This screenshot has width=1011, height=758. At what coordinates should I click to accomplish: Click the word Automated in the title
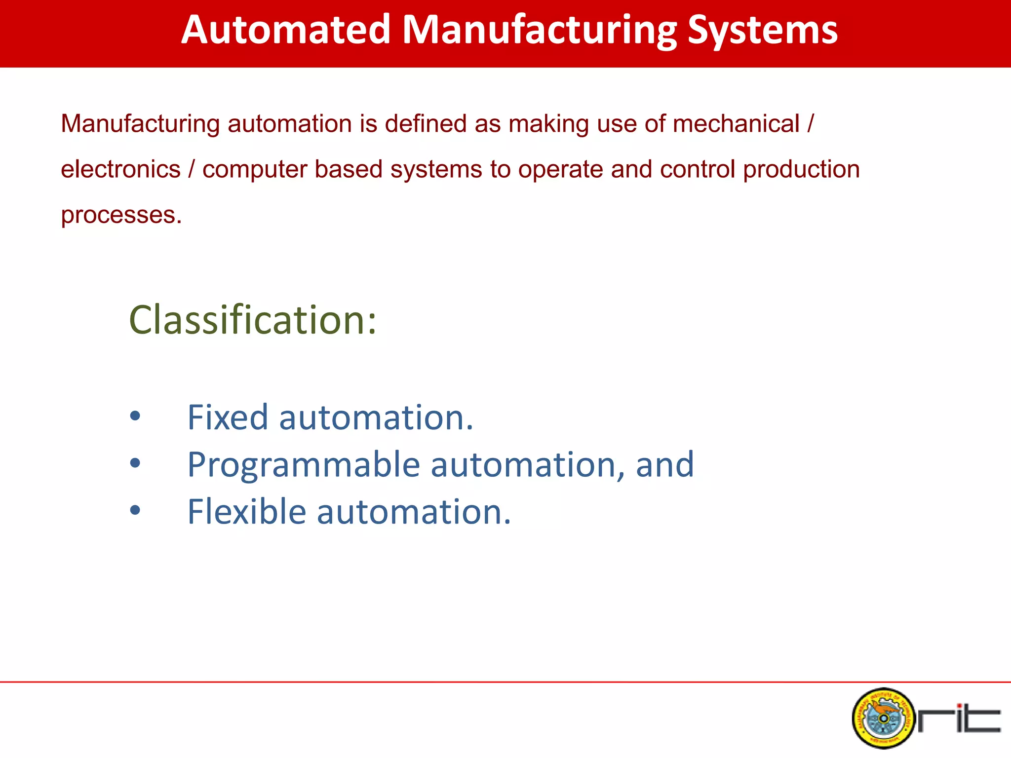(286, 31)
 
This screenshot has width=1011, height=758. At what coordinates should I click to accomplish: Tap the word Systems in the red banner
(762, 31)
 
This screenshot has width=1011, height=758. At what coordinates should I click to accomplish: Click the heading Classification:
(252, 320)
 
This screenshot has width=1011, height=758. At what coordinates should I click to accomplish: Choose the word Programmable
(304, 465)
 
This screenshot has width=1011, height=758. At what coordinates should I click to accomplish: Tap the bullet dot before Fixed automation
(135, 417)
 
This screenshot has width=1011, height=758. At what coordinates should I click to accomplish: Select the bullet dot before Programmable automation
(135, 463)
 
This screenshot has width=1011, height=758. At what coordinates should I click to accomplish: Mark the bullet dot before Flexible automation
(135, 510)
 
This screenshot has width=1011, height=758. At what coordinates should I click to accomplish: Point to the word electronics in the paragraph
(120, 169)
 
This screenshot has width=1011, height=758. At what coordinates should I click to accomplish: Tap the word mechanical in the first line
(736, 123)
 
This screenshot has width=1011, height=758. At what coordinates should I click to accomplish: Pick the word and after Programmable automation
(664, 465)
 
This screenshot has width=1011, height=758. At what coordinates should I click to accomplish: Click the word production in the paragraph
(801, 169)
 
